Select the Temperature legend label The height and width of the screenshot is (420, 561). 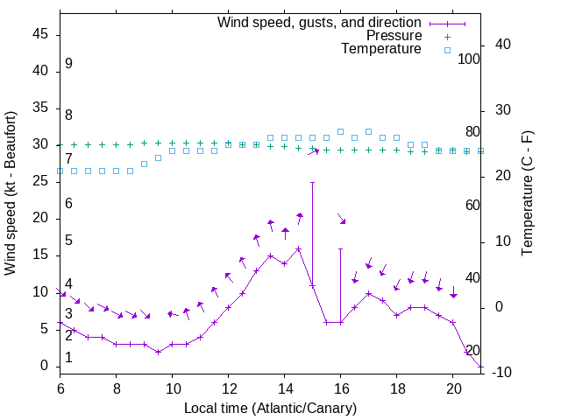pyautogui.click(x=381, y=49)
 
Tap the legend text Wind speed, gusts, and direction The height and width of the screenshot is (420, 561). pyautogui.click(x=320, y=22)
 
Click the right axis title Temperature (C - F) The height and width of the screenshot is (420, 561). pyautogui.click(x=527, y=193)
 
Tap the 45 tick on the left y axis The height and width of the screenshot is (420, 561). pyautogui.click(x=41, y=34)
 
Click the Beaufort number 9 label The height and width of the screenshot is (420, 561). pyautogui.click(x=68, y=64)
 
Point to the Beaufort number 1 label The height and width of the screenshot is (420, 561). pyautogui.click(x=68, y=358)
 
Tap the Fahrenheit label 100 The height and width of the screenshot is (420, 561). pyautogui.click(x=470, y=59)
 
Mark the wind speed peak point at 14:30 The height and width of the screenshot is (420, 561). pyautogui.click(x=299, y=248)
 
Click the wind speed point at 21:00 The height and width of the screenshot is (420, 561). pyautogui.click(x=481, y=367)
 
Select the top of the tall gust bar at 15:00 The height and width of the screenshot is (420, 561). pyautogui.click(x=313, y=183)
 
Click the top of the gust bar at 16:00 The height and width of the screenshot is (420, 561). pyautogui.click(x=341, y=248)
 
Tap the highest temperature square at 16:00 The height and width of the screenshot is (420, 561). pyautogui.click(x=341, y=131)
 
